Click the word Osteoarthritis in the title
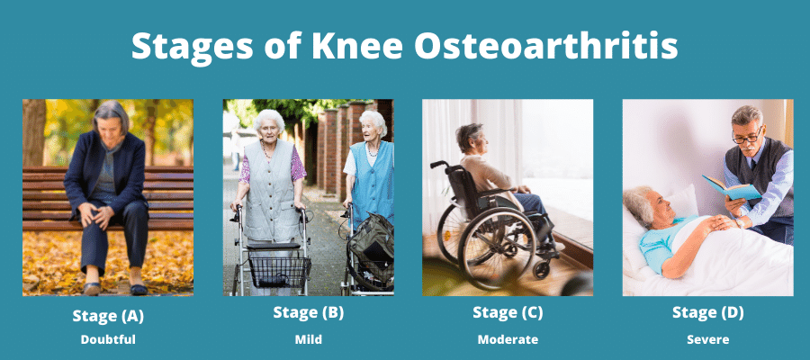pos(545,46)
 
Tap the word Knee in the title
pos(357,46)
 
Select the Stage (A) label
pos(108,316)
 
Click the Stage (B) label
pos(309,313)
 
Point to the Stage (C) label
pos(508,313)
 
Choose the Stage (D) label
pos(708,313)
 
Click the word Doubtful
pos(108,340)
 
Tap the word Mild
pos(309,340)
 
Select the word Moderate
pos(508,340)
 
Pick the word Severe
pos(708,340)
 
